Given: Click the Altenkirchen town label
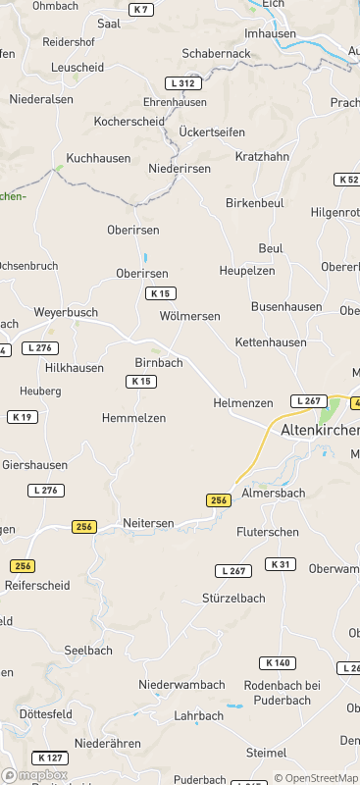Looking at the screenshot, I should tap(320, 431).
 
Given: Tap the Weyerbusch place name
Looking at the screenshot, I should tap(66, 312).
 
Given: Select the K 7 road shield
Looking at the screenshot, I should tap(142, 10).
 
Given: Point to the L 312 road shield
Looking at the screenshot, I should tap(182, 84).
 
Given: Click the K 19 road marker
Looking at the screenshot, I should tap(23, 417).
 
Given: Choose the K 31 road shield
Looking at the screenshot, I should tap(281, 564).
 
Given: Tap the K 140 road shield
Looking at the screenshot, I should tap(276, 663).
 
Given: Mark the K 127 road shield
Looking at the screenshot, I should tap(50, 758).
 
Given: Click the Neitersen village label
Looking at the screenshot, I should tap(148, 523).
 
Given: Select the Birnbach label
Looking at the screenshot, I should tap(159, 362).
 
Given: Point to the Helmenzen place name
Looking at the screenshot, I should tap(243, 403).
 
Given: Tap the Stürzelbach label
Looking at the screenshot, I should tap(233, 598).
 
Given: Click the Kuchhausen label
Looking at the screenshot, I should tap(97, 158).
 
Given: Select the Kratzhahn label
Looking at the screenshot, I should tap(263, 156).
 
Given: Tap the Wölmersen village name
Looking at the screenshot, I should tap(189, 316).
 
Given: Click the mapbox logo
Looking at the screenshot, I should tap(35, 775).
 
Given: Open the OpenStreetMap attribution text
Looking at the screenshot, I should tap(316, 778).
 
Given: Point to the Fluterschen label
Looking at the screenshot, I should tap(268, 531).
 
